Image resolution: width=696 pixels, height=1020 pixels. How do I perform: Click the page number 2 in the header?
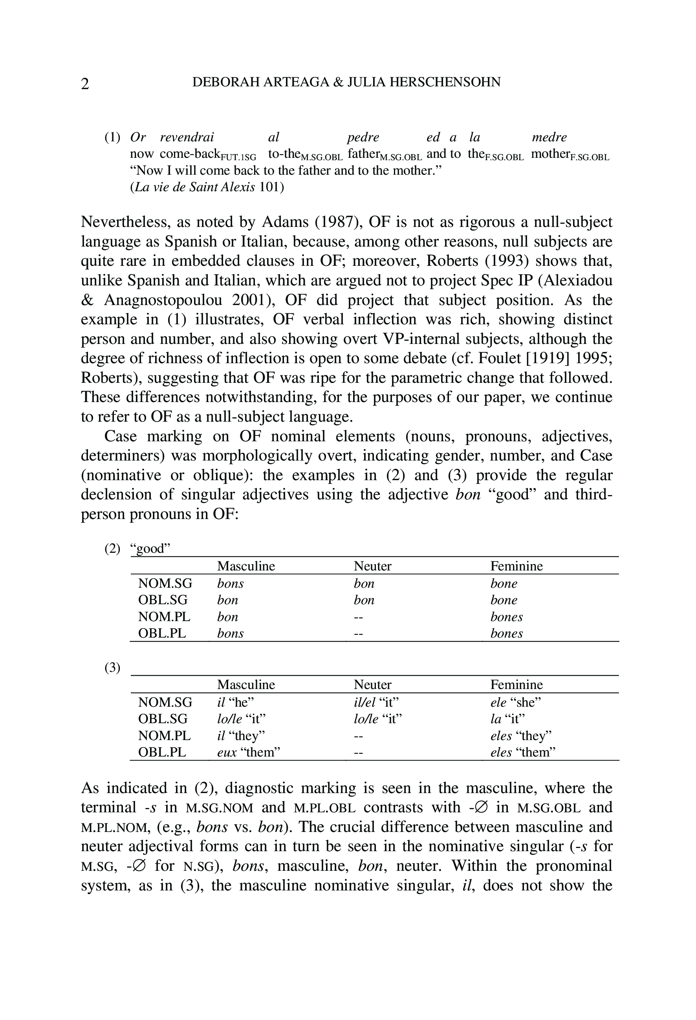(85, 83)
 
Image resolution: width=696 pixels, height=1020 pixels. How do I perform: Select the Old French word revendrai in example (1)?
(187, 137)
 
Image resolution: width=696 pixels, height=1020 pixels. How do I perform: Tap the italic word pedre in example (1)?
(363, 137)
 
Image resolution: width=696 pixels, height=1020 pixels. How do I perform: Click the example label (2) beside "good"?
(112, 548)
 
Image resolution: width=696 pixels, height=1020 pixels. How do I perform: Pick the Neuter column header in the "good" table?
(372, 566)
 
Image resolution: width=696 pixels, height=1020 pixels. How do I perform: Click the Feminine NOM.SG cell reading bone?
(504, 583)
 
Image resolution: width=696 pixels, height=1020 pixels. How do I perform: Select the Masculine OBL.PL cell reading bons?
(230, 633)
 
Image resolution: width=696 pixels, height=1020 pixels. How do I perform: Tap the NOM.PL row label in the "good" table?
(164, 617)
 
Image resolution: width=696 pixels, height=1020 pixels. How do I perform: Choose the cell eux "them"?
(249, 752)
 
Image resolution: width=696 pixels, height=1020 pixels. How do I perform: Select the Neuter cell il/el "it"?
(376, 702)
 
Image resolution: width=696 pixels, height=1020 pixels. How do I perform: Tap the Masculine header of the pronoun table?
(246, 685)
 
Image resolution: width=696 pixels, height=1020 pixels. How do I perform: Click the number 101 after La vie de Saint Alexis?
(271, 187)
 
